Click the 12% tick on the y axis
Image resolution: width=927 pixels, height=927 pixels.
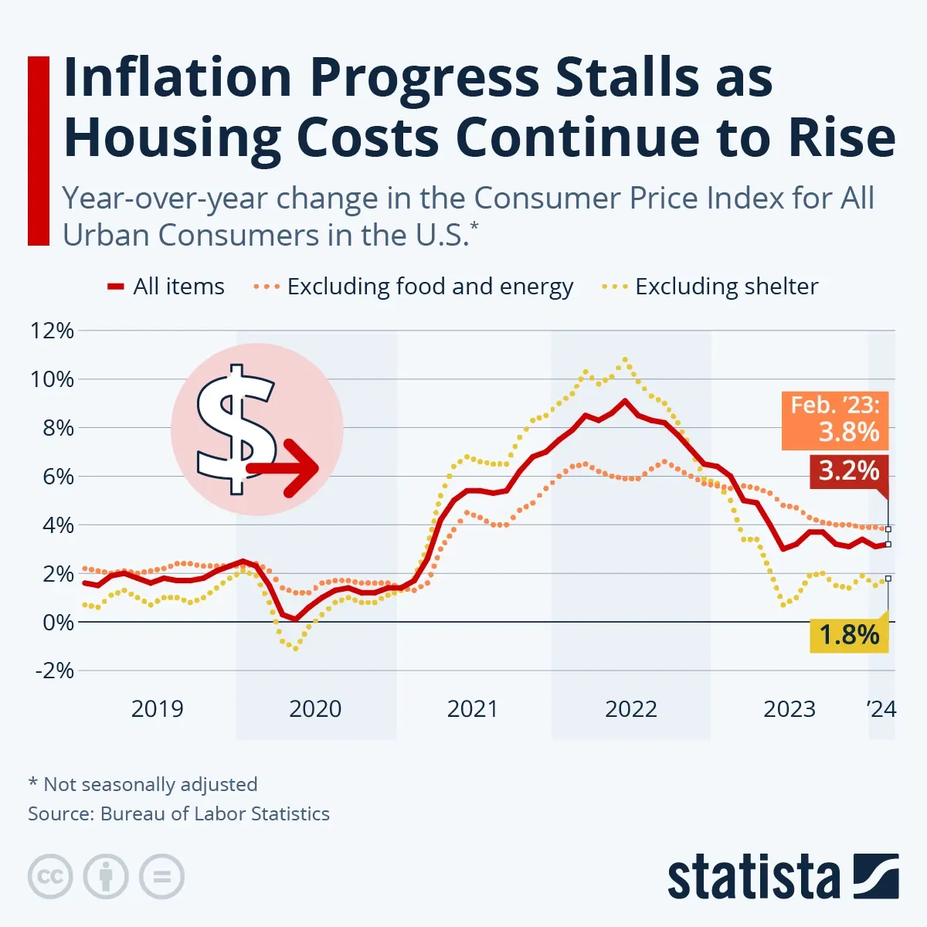(52, 331)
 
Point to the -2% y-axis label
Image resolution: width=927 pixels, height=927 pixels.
(54, 670)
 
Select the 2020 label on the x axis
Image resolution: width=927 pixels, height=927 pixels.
(315, 708)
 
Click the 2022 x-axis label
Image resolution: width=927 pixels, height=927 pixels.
(630, 708)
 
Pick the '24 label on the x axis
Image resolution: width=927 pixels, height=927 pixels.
(881, 708)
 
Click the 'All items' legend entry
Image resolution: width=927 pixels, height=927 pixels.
(166, 287)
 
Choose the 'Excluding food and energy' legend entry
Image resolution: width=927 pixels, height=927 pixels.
(414, 287)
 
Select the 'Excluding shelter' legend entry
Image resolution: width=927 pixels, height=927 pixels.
(711, 287)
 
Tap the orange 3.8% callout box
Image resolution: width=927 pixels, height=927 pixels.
(835, 419)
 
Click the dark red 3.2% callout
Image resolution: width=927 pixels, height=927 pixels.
(848, 470)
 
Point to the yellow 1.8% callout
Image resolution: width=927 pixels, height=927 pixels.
(848, 635)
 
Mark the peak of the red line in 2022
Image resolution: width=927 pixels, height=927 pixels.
(625, 401)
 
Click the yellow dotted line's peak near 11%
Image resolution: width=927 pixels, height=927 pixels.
(625, 359)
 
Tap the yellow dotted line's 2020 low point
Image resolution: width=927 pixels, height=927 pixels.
(295, 648)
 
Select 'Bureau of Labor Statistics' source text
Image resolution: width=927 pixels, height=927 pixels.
(215, 813)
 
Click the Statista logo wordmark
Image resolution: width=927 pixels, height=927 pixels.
(753, 878)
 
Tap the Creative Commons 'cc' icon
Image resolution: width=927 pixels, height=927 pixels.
(50, 877)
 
